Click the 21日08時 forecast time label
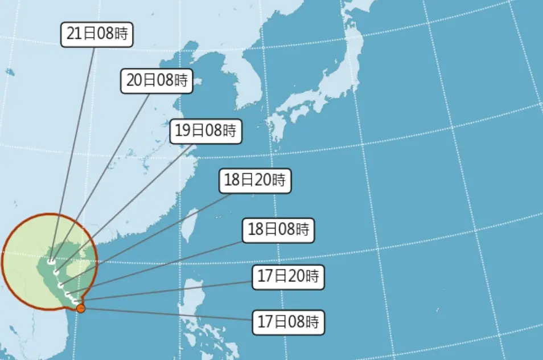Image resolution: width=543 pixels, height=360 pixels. (97, 35)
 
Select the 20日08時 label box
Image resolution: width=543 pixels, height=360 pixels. (157, 80)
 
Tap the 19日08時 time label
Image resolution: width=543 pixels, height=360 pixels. (205, 131)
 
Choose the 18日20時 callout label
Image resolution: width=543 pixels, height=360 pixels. (255, 181)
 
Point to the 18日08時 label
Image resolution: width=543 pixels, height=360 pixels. (278, 230)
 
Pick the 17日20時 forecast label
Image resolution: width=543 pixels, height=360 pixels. (288, 277)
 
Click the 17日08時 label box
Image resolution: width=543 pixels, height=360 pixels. (288, 322)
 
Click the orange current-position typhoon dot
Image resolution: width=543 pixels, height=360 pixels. (81, 309)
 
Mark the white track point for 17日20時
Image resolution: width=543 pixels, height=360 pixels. (76, 300)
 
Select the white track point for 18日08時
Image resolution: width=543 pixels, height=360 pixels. (68, 293)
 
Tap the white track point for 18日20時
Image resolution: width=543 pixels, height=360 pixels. (60, 283)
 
